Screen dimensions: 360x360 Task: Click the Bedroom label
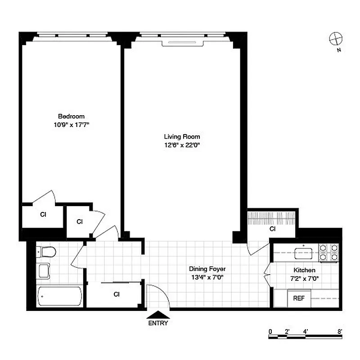point(71,116)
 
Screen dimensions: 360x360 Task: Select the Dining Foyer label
point(207,269)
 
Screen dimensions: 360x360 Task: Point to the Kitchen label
point(304,270)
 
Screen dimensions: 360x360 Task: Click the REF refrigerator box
point(299,298)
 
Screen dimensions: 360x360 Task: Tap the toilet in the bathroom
point(45,252)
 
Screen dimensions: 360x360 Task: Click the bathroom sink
point(44,271)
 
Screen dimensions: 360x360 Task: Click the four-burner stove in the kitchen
point(328,252)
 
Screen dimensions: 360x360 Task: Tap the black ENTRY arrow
point(158,315)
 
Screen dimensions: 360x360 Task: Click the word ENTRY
point(158,323)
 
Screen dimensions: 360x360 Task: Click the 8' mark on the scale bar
point(341,332)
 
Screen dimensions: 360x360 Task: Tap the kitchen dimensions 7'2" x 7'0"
point(304,278)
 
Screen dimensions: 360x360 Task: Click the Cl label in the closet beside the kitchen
point(272,229)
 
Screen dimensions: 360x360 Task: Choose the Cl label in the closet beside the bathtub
point(117,295)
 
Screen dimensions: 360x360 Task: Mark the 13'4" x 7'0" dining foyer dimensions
point(207,277)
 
